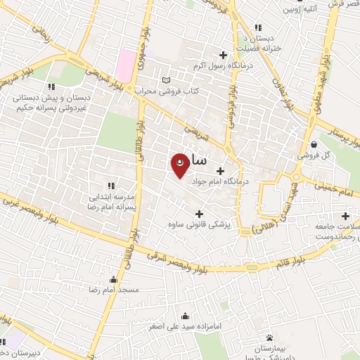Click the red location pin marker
pyautogui.click(x=181, y=165)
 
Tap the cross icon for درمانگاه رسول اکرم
pyautogui.click(x=224, y=55)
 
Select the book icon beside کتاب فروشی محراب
pyautogui.click(x=166, y=79)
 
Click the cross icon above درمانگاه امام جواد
pyautogui.click(x=221, y=170)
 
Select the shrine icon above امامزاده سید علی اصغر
pyautogui.click(x=184, y=316)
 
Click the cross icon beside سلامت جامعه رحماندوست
pyautogui.click(x=345, y=216)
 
